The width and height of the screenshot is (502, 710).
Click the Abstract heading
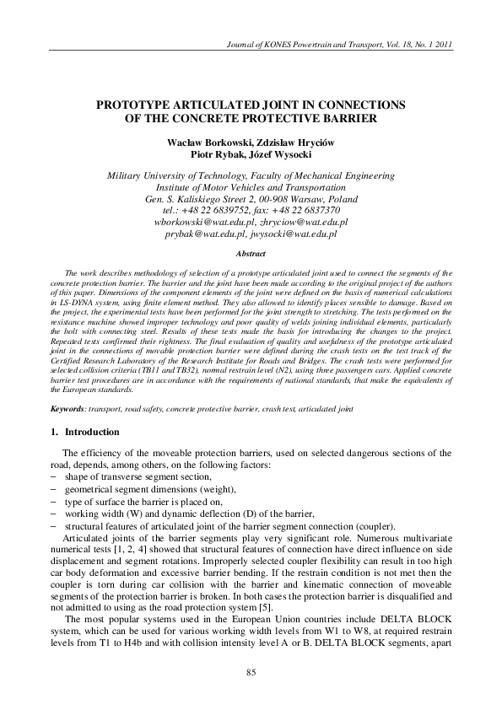pos(250,253)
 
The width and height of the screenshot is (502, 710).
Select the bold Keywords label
pos(67,408)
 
